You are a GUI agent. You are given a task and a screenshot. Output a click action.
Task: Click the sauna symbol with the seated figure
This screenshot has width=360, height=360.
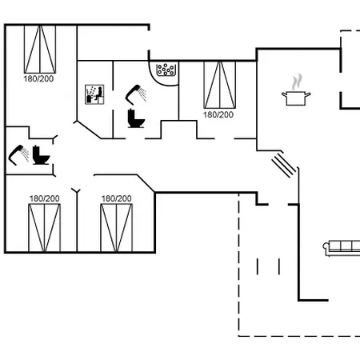pyautogui.click(x=94, y=94)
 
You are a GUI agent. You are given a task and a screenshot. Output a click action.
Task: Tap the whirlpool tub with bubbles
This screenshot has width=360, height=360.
pyautogui.click(x=166, y=70)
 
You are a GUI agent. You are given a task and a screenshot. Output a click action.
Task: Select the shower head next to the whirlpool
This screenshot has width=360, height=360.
pyautogui.click(x=136, y=94)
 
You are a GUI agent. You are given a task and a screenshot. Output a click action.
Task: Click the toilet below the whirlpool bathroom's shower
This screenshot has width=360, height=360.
pyautogui.click(x=136, y=118)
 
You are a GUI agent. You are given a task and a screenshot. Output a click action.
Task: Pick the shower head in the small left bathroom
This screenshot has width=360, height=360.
pyautogui.click(x=18, y=155)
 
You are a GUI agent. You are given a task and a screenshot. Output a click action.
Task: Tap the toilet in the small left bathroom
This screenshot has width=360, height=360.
pyautogui.click(x=41, y=155)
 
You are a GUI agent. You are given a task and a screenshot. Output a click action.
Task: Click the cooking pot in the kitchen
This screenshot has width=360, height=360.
pyautogui.click(x=296, y=98)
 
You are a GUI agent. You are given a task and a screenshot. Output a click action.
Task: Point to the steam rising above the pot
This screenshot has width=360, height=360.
pyautogui.click(x=297, y=82)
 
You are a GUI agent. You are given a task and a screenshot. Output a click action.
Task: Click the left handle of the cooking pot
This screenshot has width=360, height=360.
pyautogui.click(x=284, y=94)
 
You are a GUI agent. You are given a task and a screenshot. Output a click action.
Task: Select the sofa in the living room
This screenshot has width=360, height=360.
pyautogui.click(x=342, y=248)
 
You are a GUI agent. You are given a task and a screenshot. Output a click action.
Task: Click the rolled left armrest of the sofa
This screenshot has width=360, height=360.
pyautogui.click(x=326, y=246)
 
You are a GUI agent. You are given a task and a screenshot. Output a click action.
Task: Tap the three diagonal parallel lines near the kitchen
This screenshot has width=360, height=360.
pyautogui.click(x=283, y=166)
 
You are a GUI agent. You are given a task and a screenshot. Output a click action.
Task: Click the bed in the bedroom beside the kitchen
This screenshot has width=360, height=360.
pyautogui.click(x=220, y=85)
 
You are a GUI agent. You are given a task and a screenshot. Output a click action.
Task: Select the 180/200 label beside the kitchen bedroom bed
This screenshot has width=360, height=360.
pyautogui.click(x=218, y=115)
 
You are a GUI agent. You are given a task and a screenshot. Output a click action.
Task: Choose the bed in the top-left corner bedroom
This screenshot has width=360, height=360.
pyautogui.click(x=40, y=50)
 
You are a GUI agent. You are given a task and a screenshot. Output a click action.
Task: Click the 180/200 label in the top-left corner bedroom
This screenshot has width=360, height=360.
pyautogui.click(x=38, y=79)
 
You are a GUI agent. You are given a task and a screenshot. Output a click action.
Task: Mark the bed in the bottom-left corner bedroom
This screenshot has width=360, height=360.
pyautogui.click(x=45, y=228)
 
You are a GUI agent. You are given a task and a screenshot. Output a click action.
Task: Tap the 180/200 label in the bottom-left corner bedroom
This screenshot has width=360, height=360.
pyautogui.click(x=45, y=198)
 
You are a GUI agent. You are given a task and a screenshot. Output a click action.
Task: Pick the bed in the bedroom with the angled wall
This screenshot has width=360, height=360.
pyautogui.click(x=117, y=228)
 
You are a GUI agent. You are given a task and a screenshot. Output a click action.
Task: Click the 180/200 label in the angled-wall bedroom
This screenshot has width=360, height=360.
pyautogui.click(x=117, y=198)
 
